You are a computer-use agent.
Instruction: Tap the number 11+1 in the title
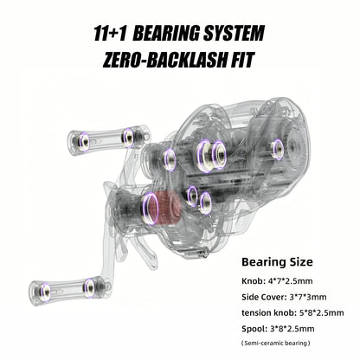click(110, 34)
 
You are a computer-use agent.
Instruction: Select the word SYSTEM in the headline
click(234, 34)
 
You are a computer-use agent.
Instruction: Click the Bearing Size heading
click(277, 262)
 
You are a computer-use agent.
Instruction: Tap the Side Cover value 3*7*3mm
click(308, 297)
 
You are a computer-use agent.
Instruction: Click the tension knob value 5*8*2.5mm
click(320, 312)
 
